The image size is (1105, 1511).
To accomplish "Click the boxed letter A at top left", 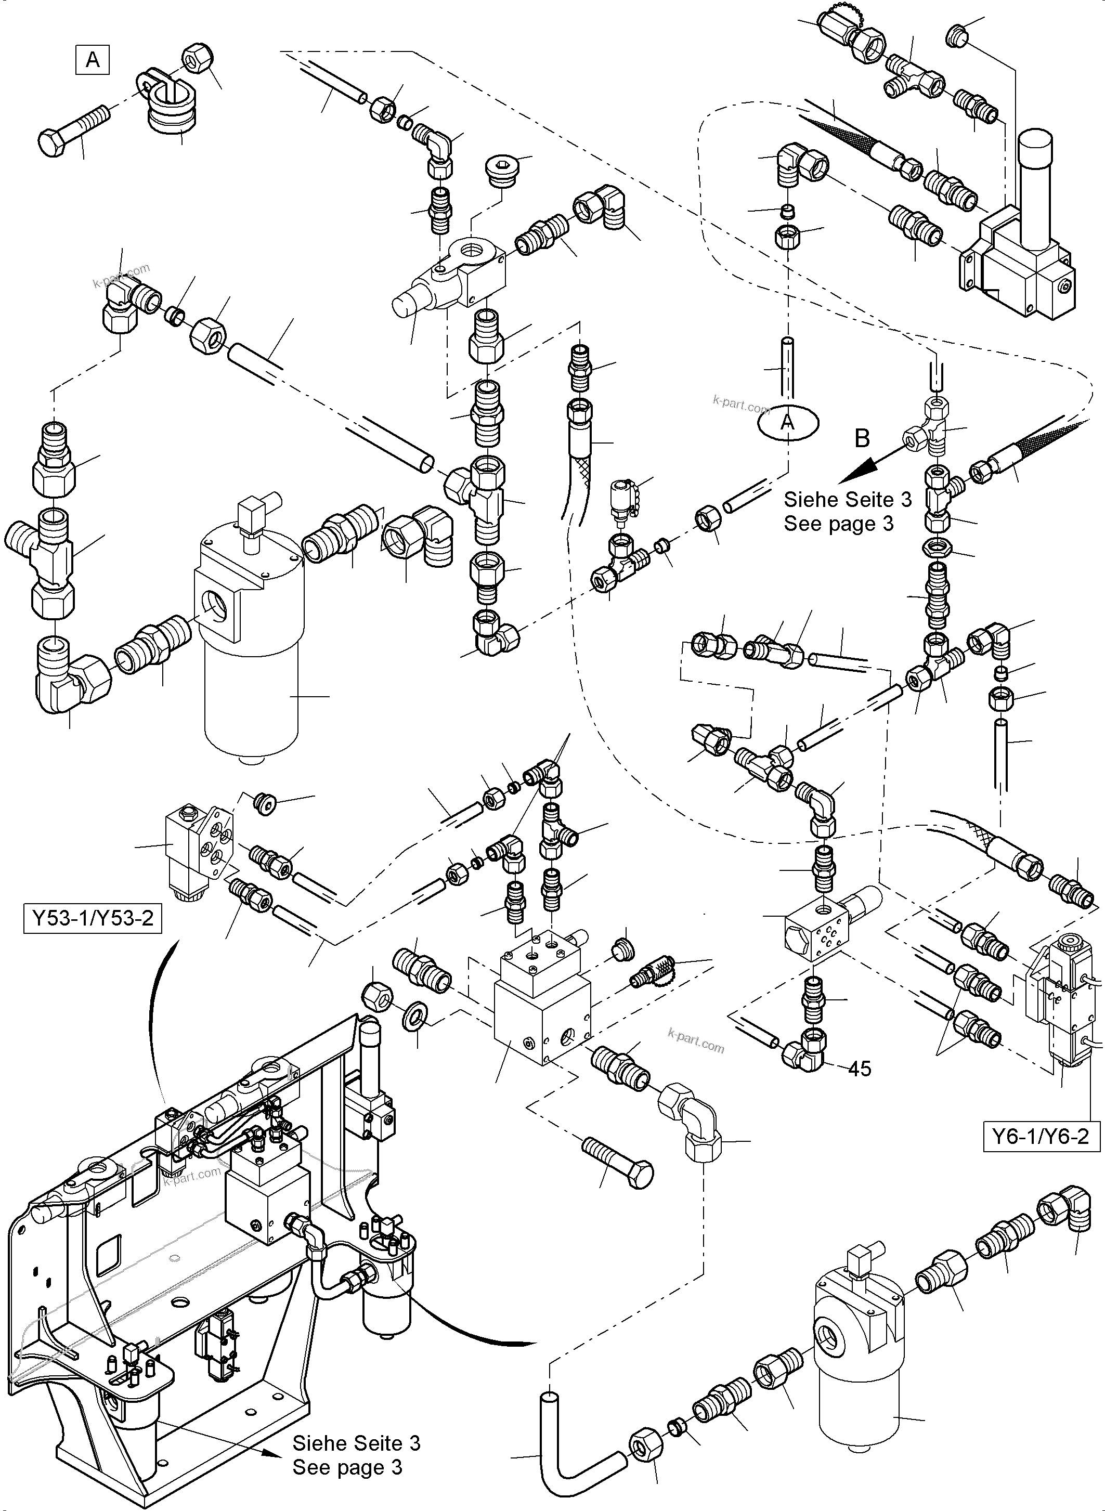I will [93, 60].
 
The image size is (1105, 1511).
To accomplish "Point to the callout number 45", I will [860, 1069].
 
